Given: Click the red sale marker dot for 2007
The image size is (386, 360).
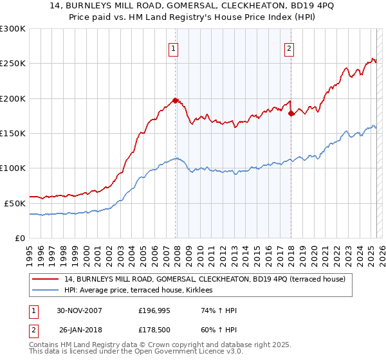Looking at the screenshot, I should [175, 100].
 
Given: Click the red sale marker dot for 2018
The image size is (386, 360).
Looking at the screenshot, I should [291, 113].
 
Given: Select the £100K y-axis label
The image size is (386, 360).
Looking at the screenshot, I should [14, 168].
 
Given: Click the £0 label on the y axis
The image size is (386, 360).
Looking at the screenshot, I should [19, 237].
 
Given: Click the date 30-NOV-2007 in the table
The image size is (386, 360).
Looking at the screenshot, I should [80, 310].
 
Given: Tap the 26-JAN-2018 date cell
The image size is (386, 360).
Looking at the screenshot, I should [80, 331].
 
